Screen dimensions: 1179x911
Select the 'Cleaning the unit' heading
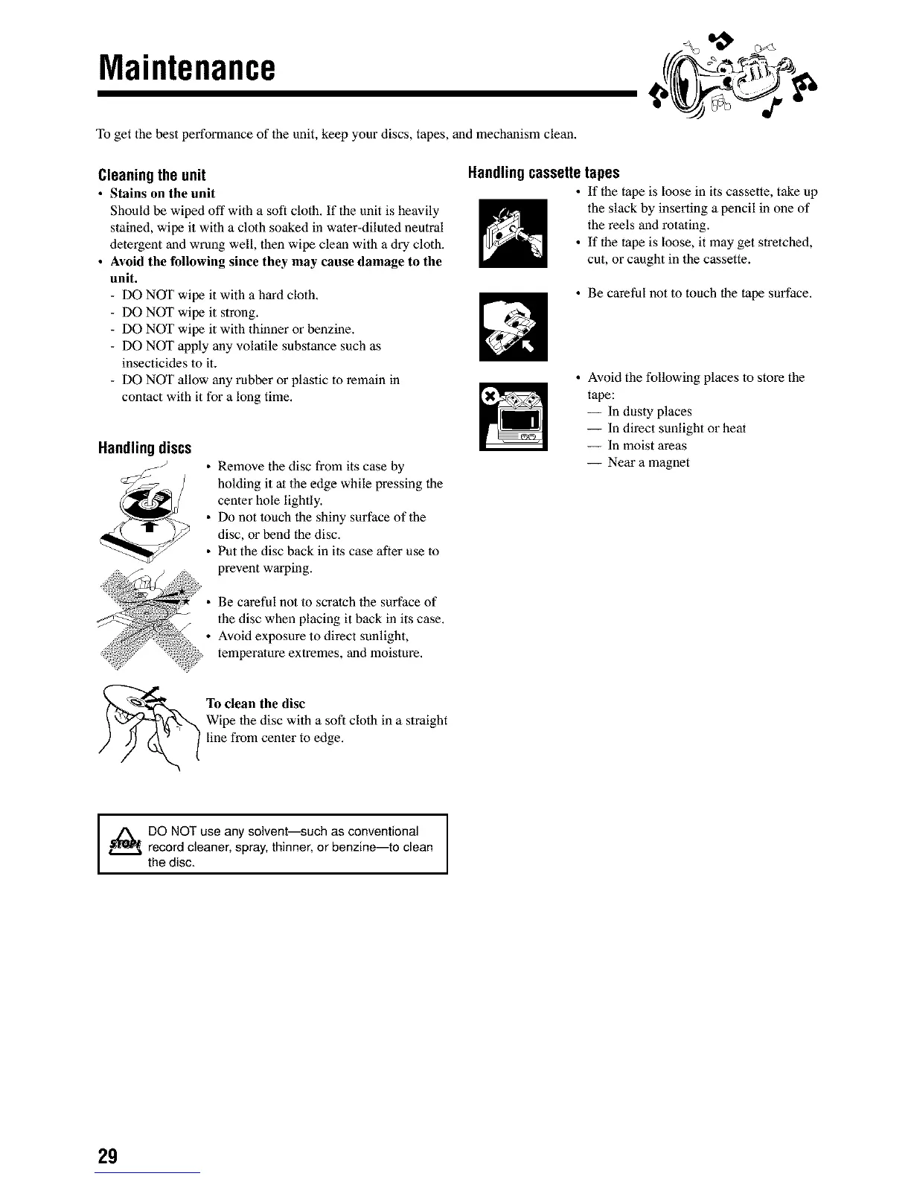152,176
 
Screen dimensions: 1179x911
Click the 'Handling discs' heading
144,448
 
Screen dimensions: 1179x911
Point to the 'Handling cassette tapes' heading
543,173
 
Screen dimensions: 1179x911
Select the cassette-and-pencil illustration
514,233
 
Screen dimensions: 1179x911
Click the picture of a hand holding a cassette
514,327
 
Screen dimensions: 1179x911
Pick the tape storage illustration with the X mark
514,416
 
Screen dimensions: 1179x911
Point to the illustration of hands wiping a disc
149,726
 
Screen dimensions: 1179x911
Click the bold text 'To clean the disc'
255,703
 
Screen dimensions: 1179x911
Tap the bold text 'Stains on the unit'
162,194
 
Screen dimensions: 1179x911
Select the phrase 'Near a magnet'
648,462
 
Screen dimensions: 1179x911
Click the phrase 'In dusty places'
650,412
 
